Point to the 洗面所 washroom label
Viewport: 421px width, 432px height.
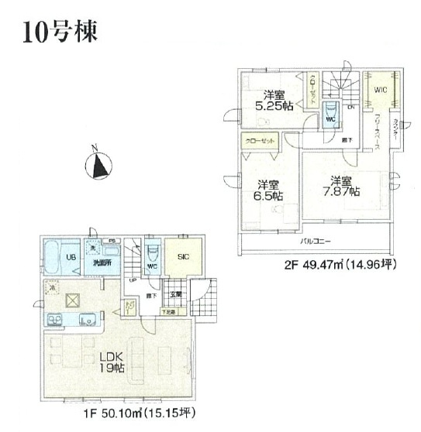tap(103, 263)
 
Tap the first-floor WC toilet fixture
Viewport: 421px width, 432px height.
tap(153, 253)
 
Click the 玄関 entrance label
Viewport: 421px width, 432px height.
tap(175, 294)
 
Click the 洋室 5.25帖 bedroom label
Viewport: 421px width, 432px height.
tap(274, 101)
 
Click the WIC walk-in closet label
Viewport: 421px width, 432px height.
tap(381, 91)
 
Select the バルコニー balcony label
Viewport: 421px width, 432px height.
tap(318, 242)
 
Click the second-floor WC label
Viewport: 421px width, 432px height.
tap(330, 120)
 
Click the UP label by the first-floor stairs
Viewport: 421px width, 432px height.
tap(133, 279)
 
